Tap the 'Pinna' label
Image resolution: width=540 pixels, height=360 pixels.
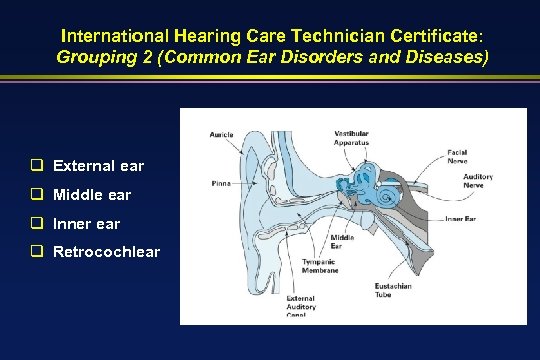222,183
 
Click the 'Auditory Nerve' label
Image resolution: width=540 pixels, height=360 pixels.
478,181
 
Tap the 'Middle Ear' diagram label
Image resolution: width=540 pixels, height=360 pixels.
341,242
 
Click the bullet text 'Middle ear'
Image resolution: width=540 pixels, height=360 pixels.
92,194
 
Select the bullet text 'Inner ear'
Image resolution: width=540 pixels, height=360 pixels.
87,222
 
